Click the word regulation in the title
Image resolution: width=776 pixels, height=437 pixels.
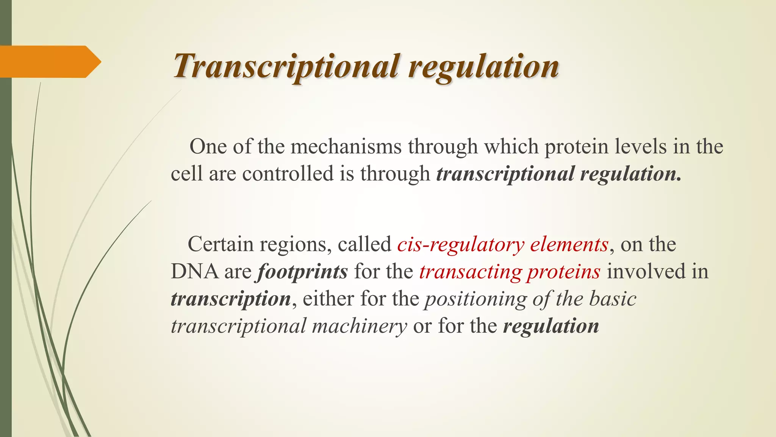[x=483, y=66]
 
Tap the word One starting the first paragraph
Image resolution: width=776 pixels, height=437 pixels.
[x=208, y=147]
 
